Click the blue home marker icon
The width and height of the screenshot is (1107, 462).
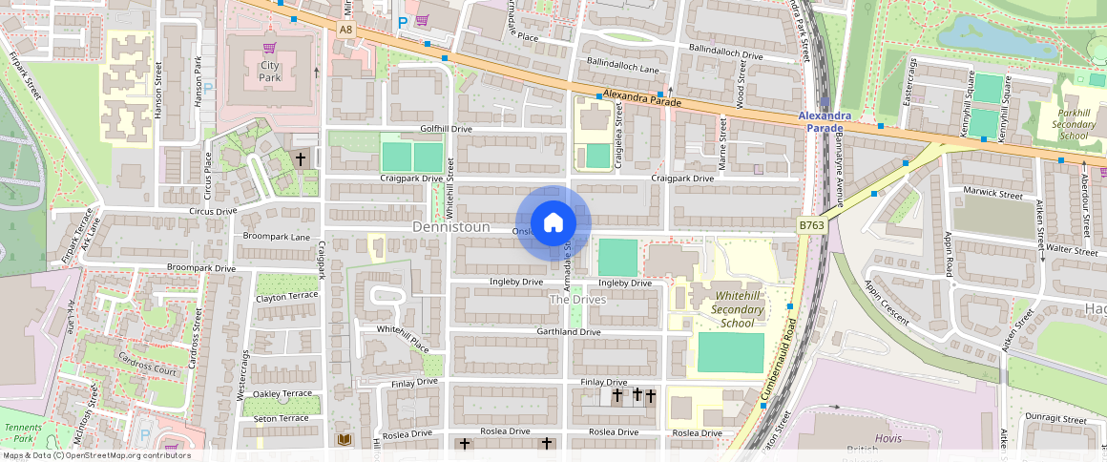(x=553, y=223)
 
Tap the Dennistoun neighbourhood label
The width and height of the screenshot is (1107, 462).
(x=451, y=227)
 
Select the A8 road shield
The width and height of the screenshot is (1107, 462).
(x=345, y=31)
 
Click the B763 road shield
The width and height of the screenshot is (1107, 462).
(x=811, y=225)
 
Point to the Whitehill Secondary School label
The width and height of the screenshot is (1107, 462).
(x=738, y=310)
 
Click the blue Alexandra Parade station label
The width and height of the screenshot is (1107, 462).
(x=825, y=121)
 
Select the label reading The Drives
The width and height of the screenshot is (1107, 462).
(x=577, y=300)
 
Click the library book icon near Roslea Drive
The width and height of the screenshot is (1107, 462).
(x=345, y=439)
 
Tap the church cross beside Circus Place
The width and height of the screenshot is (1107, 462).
(x=301, y=159)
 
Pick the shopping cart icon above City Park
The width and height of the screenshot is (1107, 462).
(x=269, y=47)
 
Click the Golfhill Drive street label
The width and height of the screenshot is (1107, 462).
(x=446, y=128)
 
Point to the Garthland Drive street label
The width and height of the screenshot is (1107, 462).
(x=568, y=332)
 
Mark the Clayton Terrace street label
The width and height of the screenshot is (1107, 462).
(x=286, y=298)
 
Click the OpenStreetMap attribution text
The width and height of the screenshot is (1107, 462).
(x=95, y=455)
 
